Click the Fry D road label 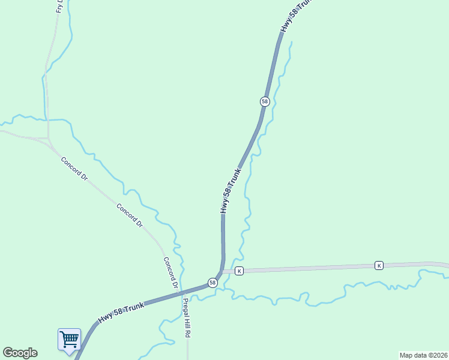pyautogui.click(x=59, y=6)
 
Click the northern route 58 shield pyautogui.click(x=265, y=101)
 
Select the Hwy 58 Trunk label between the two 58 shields pyautogui.click(x=231, y=191)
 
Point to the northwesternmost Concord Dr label pyautogui.click(x=74, y=170)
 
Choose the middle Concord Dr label pyautogui.click(x=130, y=216)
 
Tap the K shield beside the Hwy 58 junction pyautogui.click(x=239, y=271)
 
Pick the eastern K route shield pyautogui.click(x=379, y=265)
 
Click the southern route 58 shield pyautogui.click(x=212, y=282)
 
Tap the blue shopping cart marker pyautogui.click(x=69, y=340)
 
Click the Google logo pyautogui.click(x=20, y=353)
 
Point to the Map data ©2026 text pyautogui.click(x=423, y=355)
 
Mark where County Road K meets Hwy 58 pyautogui.click(x=222, y=272)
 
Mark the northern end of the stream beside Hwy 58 pyautogui.click(x=292, y=42)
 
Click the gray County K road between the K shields pyautogui.click(x=309, y=268)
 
